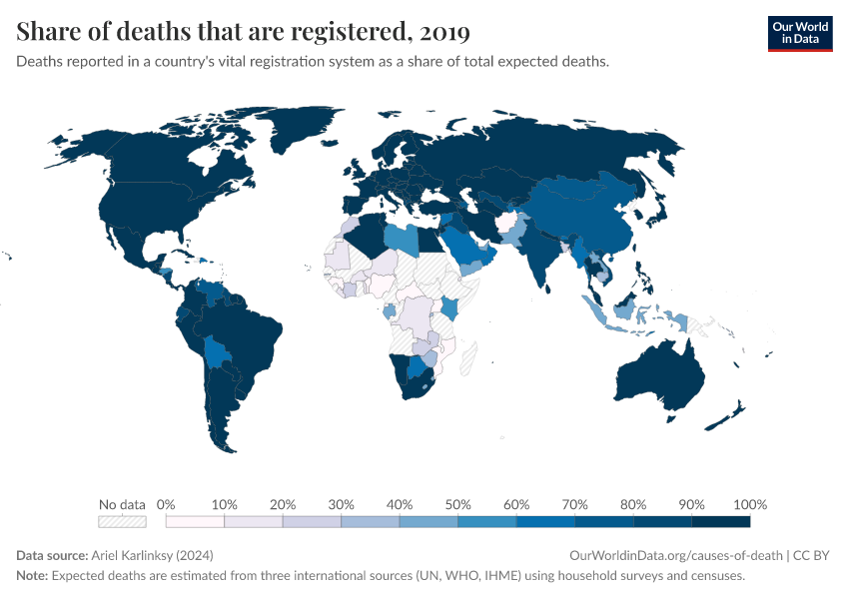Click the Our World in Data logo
pos(799,33)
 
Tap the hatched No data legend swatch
pos(122,521)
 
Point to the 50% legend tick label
pos(457,504)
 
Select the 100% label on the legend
pos(749,504)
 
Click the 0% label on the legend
pos(167,504)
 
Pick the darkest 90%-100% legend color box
pos(720,521)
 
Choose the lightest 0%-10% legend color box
pos(195,521)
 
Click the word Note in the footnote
pos(31,576)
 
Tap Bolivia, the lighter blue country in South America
pos(219,350)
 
